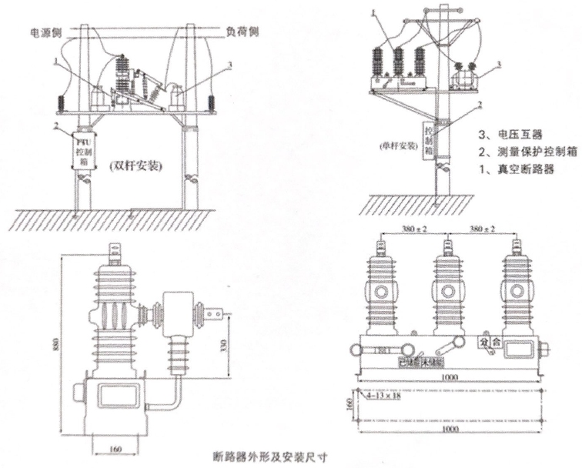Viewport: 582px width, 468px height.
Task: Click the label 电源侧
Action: click(45, 32)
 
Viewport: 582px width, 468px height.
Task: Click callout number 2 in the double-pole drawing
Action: click(55, 125)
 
